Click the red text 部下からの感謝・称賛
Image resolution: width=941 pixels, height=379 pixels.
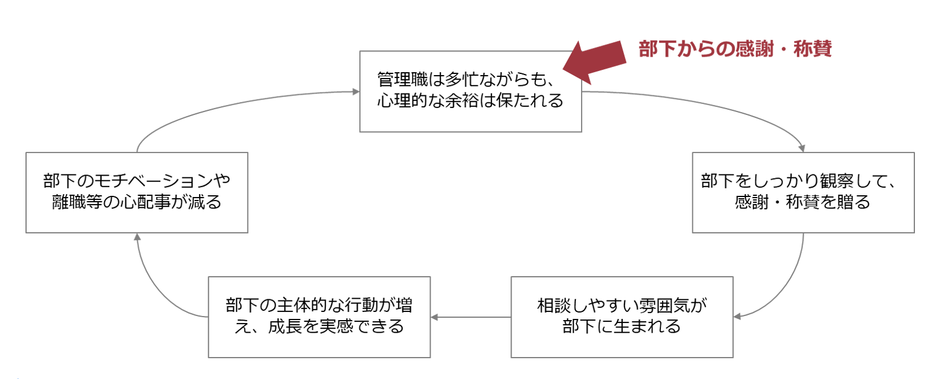click(x=735, y=49)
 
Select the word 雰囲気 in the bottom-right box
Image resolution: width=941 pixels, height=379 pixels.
click(x=664, y=305)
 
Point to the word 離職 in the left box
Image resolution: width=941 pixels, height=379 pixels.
click(x=69, y=202)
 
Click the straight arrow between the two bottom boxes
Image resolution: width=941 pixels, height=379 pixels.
click(x=471, y=317)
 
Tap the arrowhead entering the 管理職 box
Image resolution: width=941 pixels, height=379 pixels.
click(x=355, y=91)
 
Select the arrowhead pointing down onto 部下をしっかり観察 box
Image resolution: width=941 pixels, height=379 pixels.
click(x=802, y=148)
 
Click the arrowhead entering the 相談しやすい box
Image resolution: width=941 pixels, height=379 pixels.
click(x=738, y=316)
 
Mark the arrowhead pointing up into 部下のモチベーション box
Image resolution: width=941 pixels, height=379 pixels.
click(x=137, y=237)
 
